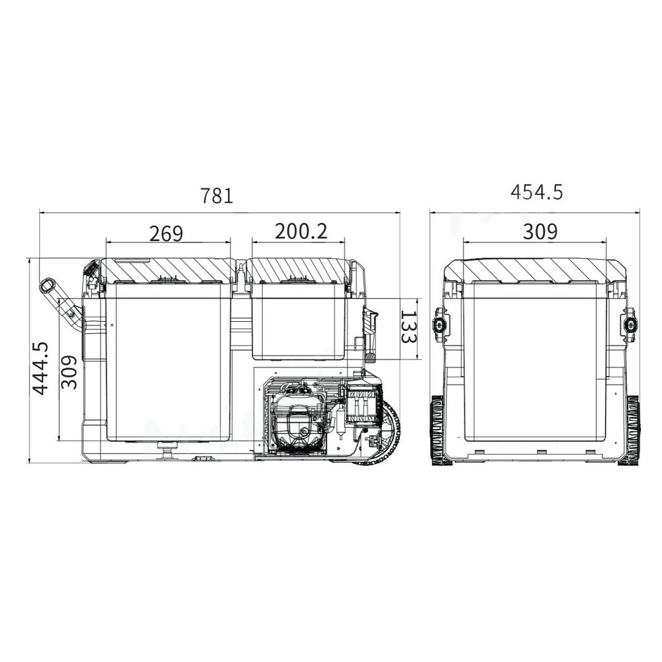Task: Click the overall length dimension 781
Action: pyautogui.click(x=216, y=196)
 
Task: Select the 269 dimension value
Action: pyautogui.click(x=165, y=233)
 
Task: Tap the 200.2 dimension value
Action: pyautogui.click(x=301, y=231)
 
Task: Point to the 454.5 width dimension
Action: pyautogui.click(x=536, y=192)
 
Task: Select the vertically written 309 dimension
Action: pyautogui.click(x=70, y=372)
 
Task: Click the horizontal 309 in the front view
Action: pyautogui.click(x=540, y=232)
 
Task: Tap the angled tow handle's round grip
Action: pyautogui.click(x=48, y=286)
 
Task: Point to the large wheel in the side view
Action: pyautogui.click(x=384, y=434)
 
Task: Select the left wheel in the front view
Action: pyautogui.click(x=440, y=430)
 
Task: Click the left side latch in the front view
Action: pyautogui.click(x=440, y=324)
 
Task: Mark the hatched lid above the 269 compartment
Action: pyautogui.click(x=167, y=270)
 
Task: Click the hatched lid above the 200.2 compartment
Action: pyautogui.click(x=299, y=270)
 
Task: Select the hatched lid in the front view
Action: pyautogui.click(x=535, y=269)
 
